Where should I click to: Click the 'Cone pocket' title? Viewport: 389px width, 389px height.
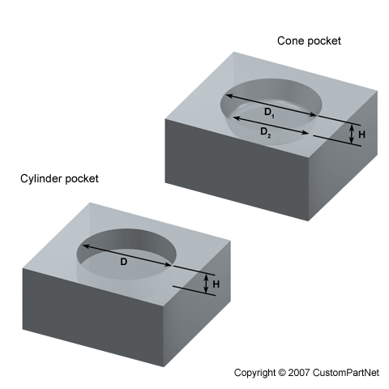[x=309, y=41]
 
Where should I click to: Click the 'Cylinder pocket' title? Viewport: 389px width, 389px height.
[x=59, y=179]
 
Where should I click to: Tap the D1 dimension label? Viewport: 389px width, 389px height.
[x=269, y=113]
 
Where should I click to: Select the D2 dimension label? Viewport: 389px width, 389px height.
[x=265, y=132]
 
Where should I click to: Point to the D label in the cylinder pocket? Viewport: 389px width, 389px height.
[x=123, y=262]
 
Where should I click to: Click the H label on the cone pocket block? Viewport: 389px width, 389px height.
[x=361, y=135]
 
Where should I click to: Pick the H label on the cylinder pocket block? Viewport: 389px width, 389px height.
[x=216, y=284]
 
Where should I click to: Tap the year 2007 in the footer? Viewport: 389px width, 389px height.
[x=299, y=373]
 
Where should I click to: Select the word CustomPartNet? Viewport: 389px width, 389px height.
[x=346, y=373]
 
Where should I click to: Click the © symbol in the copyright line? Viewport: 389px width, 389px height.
[x=282, y=373]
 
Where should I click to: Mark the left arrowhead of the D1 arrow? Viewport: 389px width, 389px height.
[x=229, y=96]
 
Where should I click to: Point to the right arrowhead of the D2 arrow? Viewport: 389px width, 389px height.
[x=306, y=132]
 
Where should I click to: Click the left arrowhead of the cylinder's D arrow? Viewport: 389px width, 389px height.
[x=85, y=246]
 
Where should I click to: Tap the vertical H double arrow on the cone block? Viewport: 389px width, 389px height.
[x=352, y=134]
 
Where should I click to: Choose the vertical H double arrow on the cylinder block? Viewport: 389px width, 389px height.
[x=206, y=284]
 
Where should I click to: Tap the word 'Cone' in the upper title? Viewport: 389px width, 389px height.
[x=291, y=41]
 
